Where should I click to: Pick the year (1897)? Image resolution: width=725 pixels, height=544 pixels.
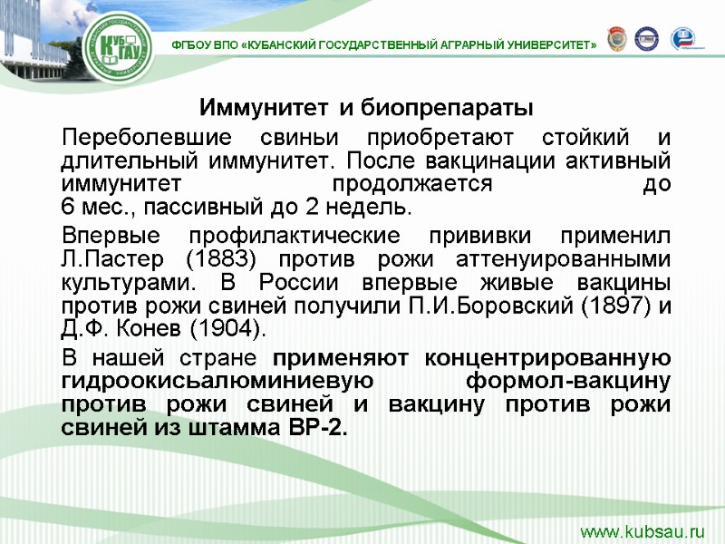click(x=604, y=304)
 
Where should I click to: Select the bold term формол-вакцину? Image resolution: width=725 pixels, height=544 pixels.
click(x=568, y=380)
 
